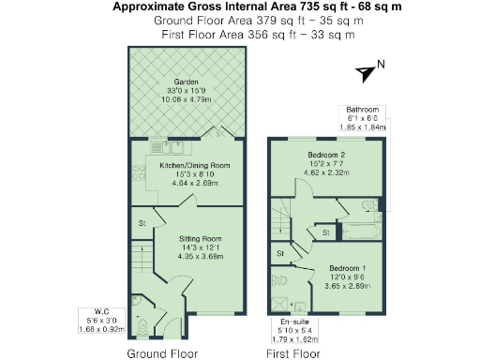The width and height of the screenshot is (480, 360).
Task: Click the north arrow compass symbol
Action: click(x=367, y=70)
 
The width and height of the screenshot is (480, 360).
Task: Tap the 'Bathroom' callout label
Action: click(x=362, y=110)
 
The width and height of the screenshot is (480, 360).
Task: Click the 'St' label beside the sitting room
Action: click(x=142, y=223)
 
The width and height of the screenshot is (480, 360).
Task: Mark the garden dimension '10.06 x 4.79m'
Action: click(x=187, y=98)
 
